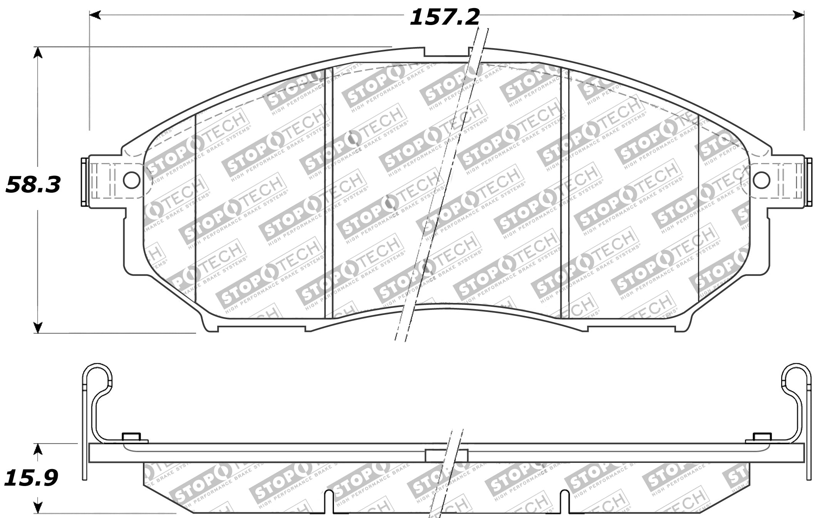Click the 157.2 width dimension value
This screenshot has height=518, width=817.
coord(445,18)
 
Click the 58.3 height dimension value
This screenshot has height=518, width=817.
coord(33,185)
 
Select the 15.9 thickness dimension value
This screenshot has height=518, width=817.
coord(31,478)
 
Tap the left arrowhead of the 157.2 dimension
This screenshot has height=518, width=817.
coord(95,15)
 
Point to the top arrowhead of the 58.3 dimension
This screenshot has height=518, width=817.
coord(37,52)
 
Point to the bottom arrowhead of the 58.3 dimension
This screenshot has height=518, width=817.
coord(37,328)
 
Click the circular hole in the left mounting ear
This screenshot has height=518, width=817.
coord(131,180)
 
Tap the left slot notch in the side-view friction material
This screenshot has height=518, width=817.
coord(329,503)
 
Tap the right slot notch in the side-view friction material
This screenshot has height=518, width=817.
coord(564,503)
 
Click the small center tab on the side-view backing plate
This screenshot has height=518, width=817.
coord(446,456)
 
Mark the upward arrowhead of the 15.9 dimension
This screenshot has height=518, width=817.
coord(37,449)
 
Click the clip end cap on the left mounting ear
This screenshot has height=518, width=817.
coord(84,182)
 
